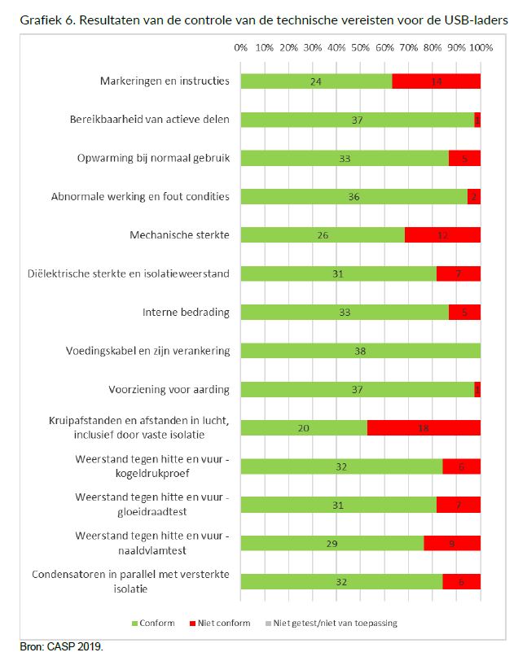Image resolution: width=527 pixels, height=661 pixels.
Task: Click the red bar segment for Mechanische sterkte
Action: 442,235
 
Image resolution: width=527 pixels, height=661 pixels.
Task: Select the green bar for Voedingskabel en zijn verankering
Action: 361,352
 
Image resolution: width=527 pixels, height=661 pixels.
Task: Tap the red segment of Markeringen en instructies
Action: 436,81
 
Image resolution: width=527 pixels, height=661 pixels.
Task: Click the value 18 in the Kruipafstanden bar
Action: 424,428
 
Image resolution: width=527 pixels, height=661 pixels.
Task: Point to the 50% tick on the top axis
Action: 361,48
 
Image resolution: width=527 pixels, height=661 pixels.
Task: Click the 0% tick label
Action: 241,48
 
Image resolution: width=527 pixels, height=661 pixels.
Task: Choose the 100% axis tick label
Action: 480,48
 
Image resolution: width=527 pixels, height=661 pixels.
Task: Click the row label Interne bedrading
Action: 186,313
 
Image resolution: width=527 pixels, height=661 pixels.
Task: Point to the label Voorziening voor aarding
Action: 169,390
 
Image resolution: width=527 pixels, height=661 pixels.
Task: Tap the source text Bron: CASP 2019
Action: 62,647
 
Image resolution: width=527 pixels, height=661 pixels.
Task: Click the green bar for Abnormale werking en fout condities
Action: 354,196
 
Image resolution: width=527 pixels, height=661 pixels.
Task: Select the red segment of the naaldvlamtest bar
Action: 452,544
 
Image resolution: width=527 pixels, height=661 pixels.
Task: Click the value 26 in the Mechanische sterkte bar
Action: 323,235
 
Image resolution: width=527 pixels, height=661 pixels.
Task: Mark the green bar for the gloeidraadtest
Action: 339,506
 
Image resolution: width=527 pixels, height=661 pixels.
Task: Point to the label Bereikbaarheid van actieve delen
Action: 149,120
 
